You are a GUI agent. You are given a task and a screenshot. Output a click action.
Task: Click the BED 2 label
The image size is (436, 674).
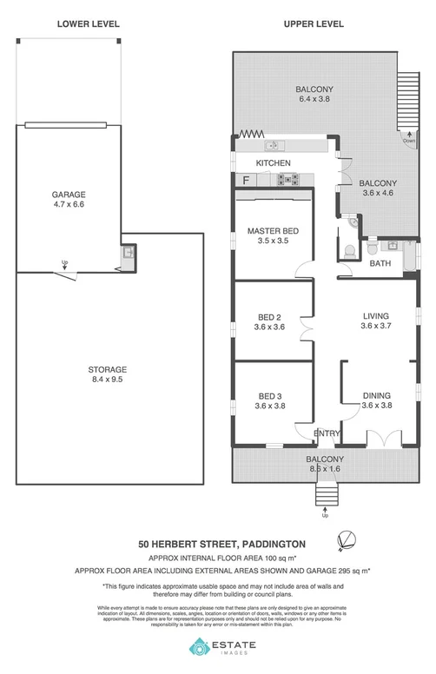(269, 316)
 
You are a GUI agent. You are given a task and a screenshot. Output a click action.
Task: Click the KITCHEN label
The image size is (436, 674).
(272, 163)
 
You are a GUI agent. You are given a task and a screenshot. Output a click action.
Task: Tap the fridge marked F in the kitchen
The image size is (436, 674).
(246, 181)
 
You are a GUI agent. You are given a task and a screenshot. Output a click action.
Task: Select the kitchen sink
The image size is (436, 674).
(272, 144)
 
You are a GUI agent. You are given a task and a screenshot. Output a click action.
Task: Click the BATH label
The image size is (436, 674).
(380, 262)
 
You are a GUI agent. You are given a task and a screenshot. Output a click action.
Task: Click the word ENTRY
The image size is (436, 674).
(327, 433)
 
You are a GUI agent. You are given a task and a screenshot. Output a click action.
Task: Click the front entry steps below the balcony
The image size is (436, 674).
(325, 497)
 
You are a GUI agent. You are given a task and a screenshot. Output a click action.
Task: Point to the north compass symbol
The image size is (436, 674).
(348, 541)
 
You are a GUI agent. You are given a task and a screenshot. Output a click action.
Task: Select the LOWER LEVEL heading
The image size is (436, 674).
(89, 24)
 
